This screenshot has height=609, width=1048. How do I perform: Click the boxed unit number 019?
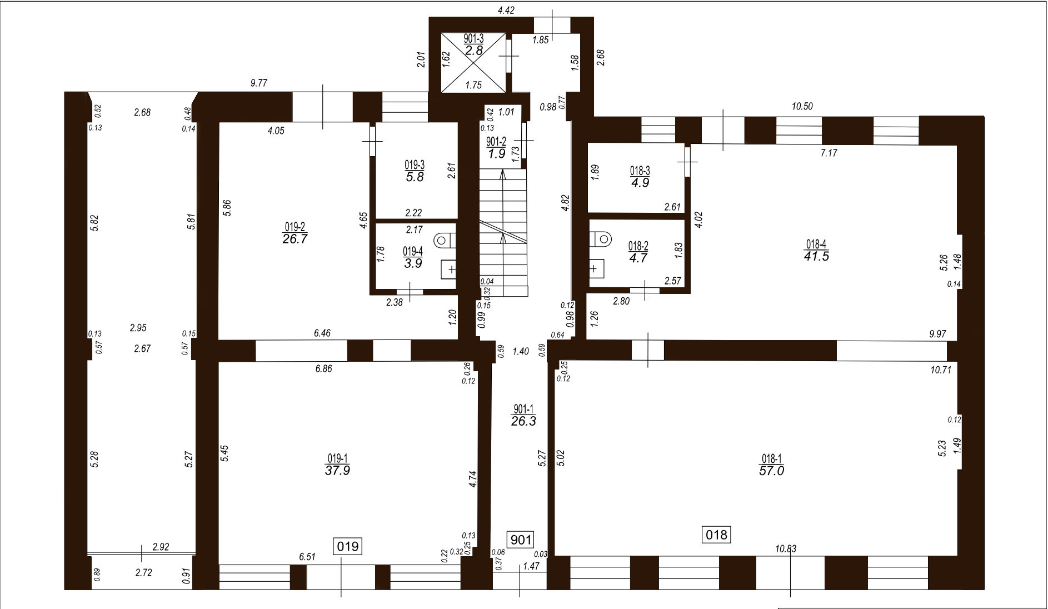click(x=348, y=546)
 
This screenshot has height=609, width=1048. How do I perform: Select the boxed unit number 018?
click(x=716, y=535)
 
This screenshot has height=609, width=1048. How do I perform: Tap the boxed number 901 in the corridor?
click(x=521, y=539)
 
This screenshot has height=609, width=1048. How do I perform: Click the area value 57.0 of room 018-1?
click(x=771, y=471)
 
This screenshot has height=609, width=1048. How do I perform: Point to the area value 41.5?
click(x=816, y=256)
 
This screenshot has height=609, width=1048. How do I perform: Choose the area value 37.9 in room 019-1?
click(x=337, y=471)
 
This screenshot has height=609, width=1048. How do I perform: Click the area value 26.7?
click(x=295, y=239)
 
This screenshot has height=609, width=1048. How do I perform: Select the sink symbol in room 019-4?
click(x=448, y=269)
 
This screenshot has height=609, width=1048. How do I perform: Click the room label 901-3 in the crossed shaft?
click(x=473, y=39)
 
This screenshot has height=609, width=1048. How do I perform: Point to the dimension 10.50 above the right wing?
click(x=801, y=107)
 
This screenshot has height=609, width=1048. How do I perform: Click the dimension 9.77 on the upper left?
click(x=259, y=83)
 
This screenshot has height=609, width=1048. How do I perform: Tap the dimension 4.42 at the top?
click(x=506, y=9)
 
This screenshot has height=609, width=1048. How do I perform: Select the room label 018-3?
click(x=640, y=171)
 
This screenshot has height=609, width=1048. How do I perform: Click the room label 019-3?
click(x=415, y=165)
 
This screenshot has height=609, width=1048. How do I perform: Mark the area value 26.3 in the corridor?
click(x=523, y=421)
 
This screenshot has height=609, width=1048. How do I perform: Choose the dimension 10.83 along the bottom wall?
click(x=786, y=549)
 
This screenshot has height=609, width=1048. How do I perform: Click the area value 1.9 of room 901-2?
click(x=496, y=154)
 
